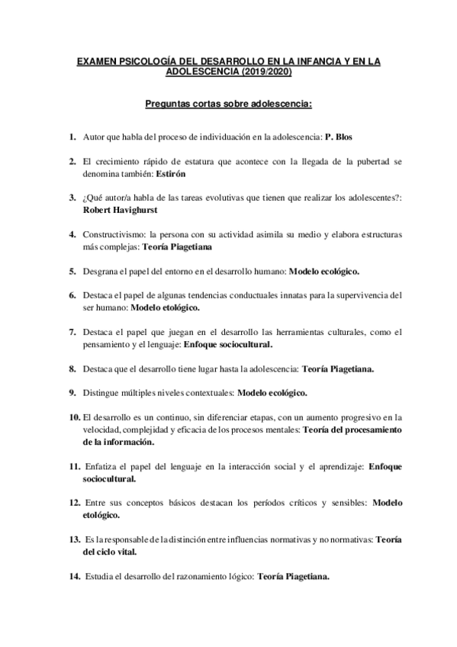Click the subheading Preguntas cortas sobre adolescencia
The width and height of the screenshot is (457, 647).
pos(229,104)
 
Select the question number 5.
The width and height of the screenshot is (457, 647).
pos(72,271)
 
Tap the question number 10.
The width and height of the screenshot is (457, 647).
pos(75,417)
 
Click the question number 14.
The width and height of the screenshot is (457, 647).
pos(75,577)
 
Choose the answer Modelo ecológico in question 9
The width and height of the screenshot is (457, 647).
pos(273,393)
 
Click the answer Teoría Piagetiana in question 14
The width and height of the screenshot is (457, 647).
pos(294,577)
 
